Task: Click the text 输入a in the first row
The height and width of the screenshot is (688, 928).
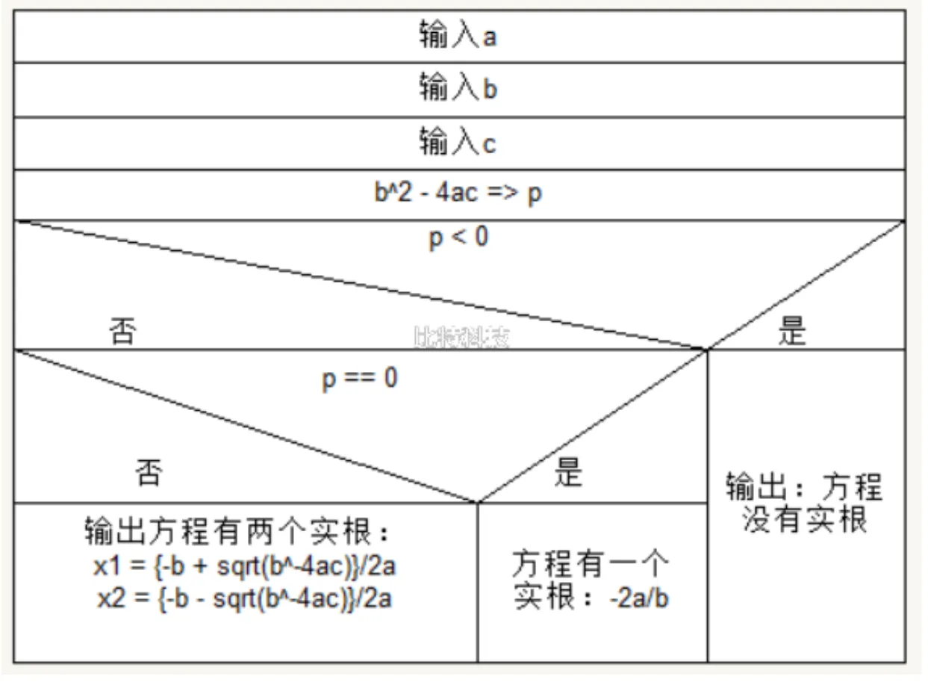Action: [x=458, y=36]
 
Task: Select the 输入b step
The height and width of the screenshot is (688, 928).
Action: [x=458, y=89]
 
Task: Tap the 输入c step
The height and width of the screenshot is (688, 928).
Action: [x=458, y=142]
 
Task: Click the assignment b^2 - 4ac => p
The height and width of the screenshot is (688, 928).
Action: [x=458, y=193]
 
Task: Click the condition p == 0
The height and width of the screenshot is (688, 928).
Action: [x=360, y=378]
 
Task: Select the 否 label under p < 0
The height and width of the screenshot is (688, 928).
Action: [x=122, y=330]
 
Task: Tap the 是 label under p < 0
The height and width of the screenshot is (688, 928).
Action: [x=792, y=330]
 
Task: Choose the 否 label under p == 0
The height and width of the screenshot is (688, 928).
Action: [x=149, y=472]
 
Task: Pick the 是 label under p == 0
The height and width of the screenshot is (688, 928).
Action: [x=568, y=472]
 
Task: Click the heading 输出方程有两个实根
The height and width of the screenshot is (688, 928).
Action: [x=238, y=533]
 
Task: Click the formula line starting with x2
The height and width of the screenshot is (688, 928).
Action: [x=244, y=598]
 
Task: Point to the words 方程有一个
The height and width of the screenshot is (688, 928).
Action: [x=591, y=563]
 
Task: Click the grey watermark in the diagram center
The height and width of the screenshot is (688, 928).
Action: [x=461, y=338]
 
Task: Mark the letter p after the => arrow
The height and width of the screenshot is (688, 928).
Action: [x=535, y=193]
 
